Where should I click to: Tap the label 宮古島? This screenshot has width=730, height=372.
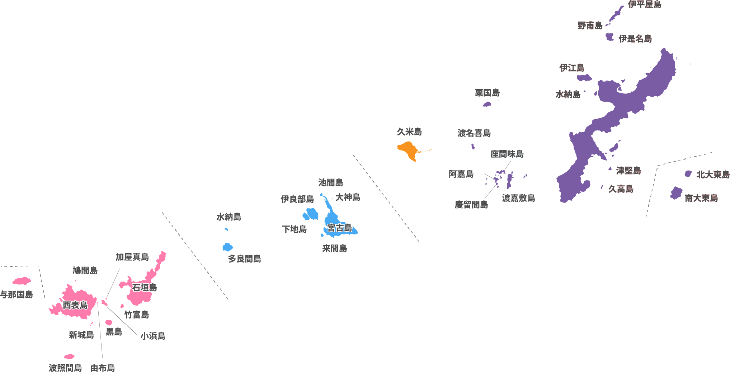point(339,228)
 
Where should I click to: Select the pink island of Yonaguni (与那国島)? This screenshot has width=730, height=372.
point(22,281)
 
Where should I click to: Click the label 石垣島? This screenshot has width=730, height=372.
point(144,288)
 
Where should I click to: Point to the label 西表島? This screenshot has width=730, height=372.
point(75,305)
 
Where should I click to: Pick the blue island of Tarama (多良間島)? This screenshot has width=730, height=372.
point(227,247)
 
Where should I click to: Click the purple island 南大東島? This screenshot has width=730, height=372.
point(676,193)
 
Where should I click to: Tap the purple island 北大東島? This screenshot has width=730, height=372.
point(688,174)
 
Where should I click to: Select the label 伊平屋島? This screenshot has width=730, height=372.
point(645,4)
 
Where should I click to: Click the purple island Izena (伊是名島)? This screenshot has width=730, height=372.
point(609,37)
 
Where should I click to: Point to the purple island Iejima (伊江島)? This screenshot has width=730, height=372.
point(584,78)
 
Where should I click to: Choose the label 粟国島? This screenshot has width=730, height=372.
point(487,93)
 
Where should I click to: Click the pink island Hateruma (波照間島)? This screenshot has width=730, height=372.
point(69,357)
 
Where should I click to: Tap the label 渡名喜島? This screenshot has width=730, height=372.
point(474,133)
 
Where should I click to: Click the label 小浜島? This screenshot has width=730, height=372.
point(153,336)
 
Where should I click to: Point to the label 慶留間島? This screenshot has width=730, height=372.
point(471,205)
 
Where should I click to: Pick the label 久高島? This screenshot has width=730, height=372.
point(621,189)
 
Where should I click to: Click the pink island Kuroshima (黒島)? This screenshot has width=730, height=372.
point(109,322)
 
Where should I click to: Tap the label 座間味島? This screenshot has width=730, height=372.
point(507,154)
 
